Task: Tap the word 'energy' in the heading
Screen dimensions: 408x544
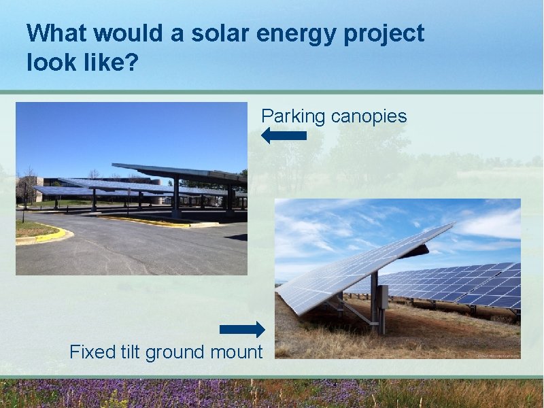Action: (x=288, y=33)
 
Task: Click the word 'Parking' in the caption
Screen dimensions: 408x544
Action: (x=293, y=116)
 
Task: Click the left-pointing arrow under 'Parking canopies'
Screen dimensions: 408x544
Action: (x=284, y=135)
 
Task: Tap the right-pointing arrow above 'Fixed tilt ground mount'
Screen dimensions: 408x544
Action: (x=242, y=330)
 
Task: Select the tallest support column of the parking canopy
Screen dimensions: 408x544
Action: (x=176, y=197)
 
